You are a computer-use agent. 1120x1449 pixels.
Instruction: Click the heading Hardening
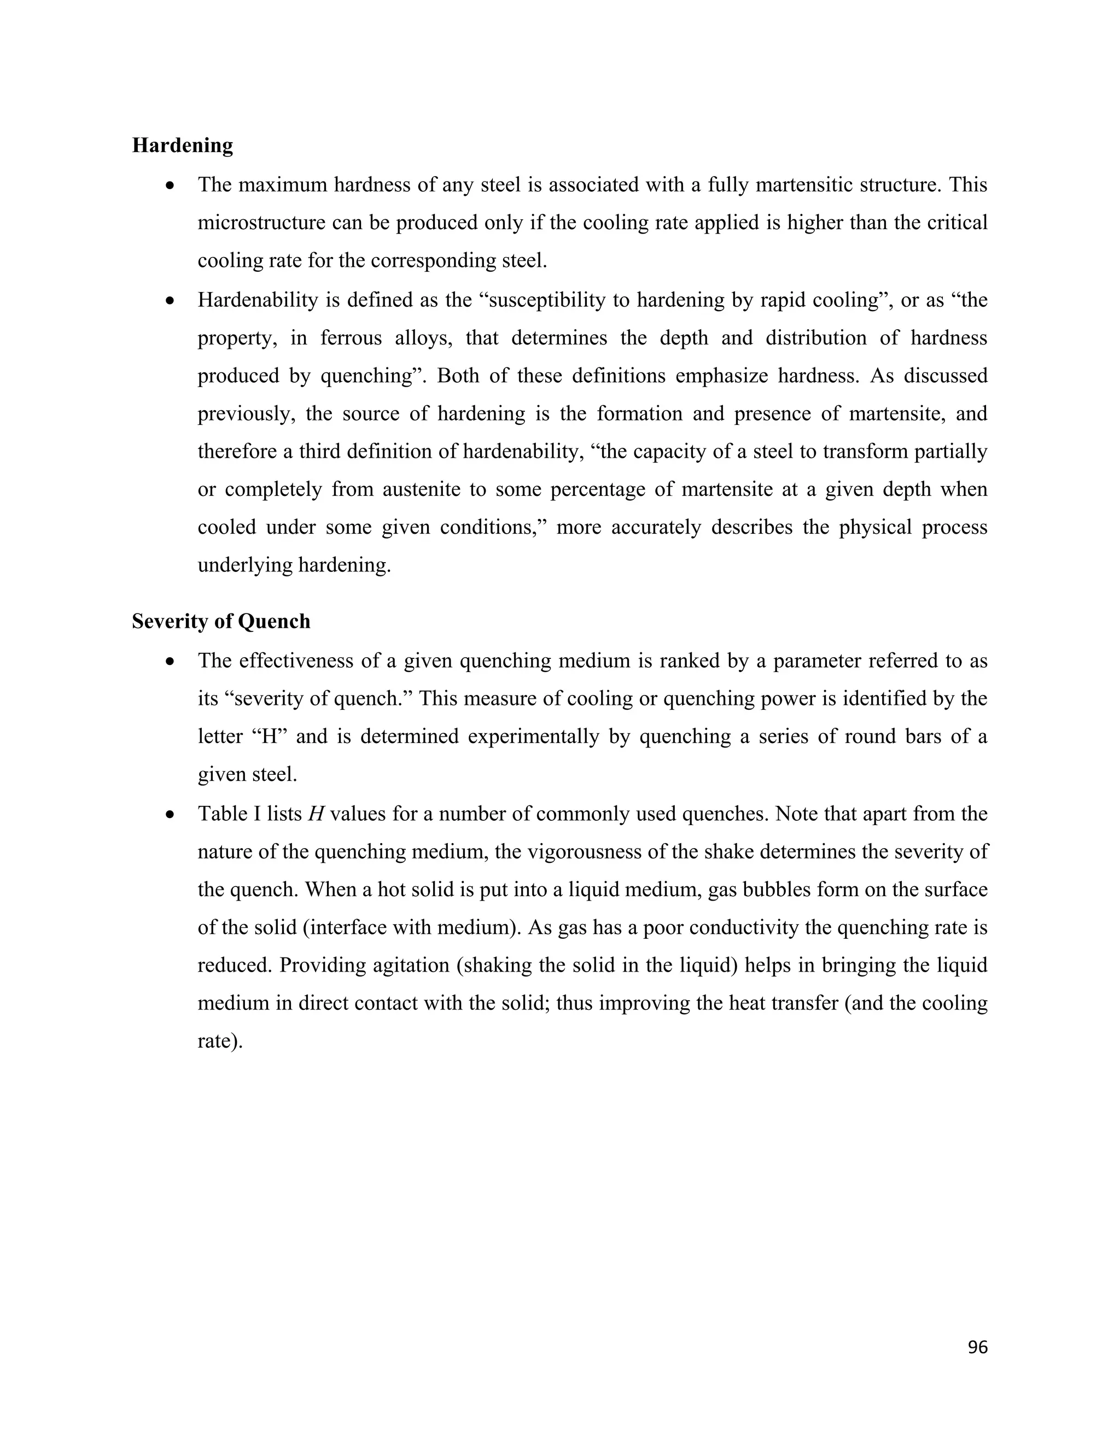[x=183, y=145]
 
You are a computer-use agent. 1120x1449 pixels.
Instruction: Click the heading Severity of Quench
[x=221, y=622]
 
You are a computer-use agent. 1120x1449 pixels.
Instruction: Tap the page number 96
[x=977, y=1347]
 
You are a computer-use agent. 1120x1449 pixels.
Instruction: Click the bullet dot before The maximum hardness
[x=171, y=185]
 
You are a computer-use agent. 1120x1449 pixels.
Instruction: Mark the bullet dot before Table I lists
[x=171, y=814]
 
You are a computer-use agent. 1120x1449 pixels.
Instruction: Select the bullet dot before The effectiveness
[x=171, y=662]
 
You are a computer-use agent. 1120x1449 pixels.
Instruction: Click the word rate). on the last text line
[x=220, y=1041]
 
